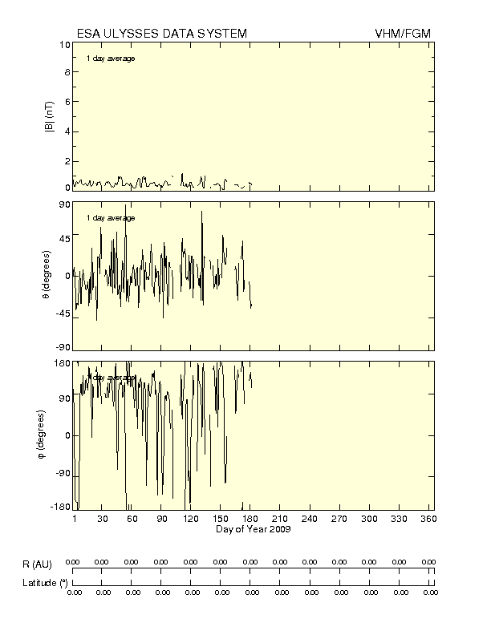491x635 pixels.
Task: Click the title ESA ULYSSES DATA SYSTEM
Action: pyautogui.click(x=161, y=33)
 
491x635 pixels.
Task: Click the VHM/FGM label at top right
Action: pyautogui.click(x=404, y=33)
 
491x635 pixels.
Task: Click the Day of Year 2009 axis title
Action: pyautogui.click(x=253, y=529)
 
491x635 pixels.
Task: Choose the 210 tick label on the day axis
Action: pyautogui.click(x=281, y=520)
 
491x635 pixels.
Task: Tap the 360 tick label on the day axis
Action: pyautogui.click(x=428, y=520)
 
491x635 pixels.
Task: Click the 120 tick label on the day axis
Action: pyautogui.click(x=192, y=520)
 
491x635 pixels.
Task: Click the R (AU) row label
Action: pyautogui.click(x=36, y=565)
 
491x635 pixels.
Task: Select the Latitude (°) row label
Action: pyautogui.click(x=44, y=583)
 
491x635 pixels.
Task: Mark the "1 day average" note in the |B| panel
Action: pyautogui.click(x=111, y=59)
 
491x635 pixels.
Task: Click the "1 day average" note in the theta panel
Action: pyautogui.click(x=111, y=218)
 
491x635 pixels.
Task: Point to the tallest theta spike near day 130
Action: pyautogui.click(x=202, y=212)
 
